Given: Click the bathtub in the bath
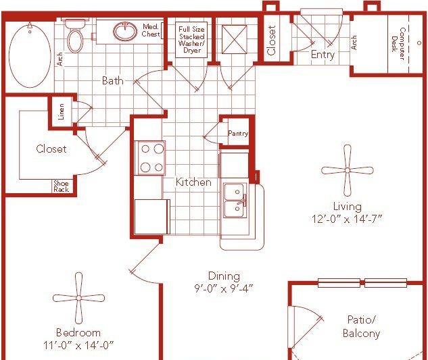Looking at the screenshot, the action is (30, 55).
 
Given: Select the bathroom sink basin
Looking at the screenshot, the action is (125, 31).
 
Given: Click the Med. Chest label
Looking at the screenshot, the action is (150, 30).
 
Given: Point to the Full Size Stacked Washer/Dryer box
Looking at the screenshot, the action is (191, 40).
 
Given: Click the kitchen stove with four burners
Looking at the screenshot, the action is (151, 158).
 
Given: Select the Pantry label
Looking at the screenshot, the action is (238, 133).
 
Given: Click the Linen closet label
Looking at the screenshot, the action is (62, 111).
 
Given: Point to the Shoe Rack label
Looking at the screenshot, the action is (61, 186).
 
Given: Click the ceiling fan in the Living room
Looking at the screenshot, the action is (348, 170).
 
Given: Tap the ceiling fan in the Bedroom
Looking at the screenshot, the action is (78, 298).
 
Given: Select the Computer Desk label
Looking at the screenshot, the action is (398, 44).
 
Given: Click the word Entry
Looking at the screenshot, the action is (323, 55).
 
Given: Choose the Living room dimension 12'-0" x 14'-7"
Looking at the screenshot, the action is (347, 219).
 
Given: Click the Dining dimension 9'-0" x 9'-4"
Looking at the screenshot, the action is (224, 288).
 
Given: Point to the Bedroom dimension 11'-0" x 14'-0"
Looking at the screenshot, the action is (78, 346).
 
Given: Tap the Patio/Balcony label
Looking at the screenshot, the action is (361, 326).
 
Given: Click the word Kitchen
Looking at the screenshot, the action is (193, 182).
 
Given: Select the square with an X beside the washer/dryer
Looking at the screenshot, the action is (235, 40).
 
